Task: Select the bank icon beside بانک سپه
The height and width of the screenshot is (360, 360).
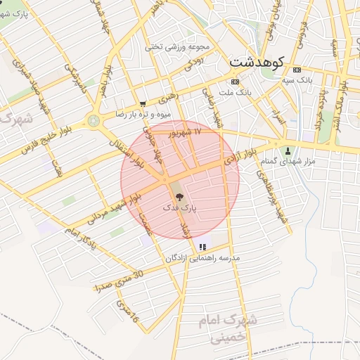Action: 296,70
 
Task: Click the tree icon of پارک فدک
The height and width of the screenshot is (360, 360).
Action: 179,198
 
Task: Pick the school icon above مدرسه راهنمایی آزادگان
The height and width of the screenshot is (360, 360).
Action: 202,247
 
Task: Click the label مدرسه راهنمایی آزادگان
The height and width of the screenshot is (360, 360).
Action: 202,258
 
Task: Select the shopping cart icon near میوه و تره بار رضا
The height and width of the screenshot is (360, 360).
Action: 143,103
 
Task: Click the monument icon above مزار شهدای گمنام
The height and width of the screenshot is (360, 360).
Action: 288,151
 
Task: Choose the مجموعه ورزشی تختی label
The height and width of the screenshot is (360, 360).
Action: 178,47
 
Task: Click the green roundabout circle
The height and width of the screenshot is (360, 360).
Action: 94,120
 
